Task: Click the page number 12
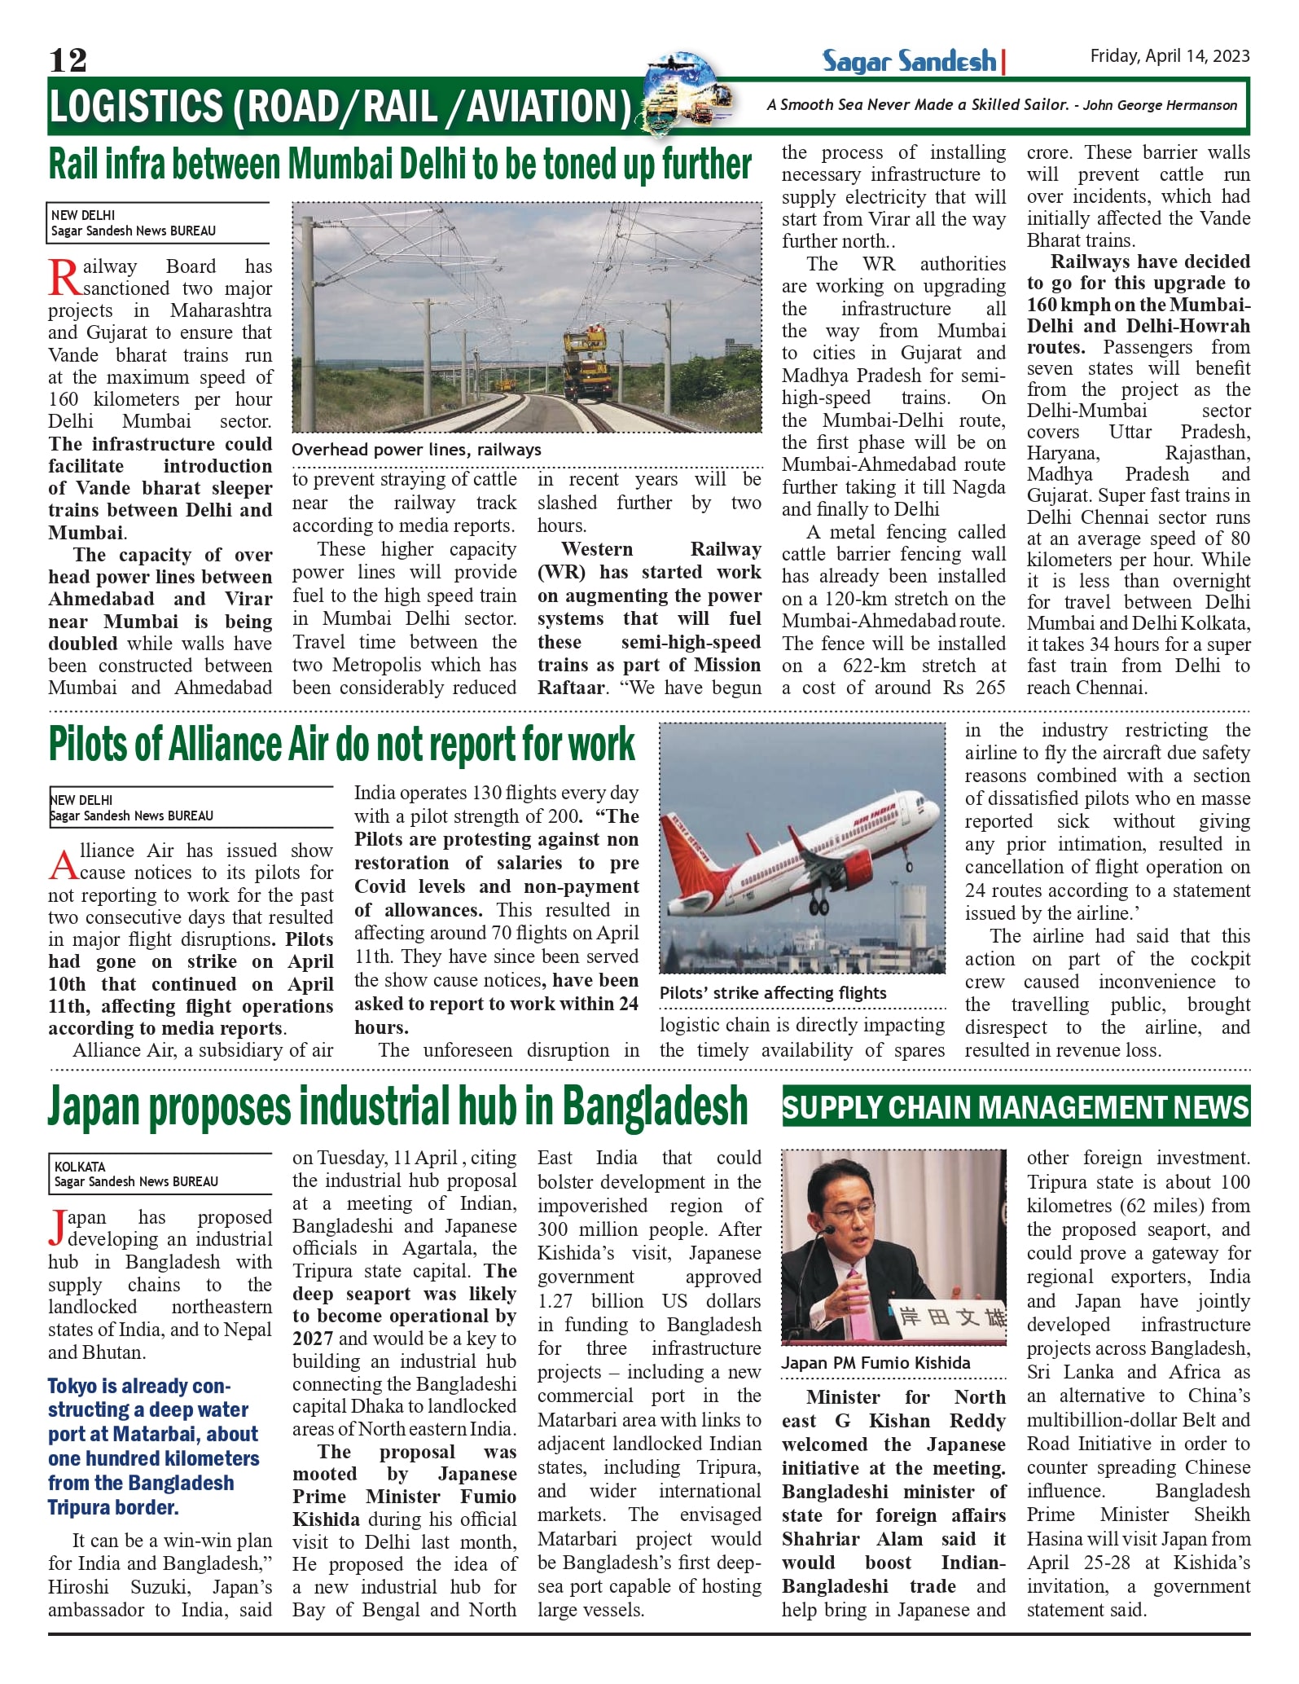coord(68,59)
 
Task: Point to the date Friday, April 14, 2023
coord(1170,55)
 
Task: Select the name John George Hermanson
coord(1160,105)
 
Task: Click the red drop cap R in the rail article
coord(64,278)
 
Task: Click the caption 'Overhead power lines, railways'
coord(416,450)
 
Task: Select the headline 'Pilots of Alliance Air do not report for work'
coord(341,744)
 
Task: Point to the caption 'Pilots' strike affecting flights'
coord(773,992)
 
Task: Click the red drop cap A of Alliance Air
coord(64,865)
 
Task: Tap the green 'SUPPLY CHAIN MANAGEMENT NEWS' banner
coord(1016,1107)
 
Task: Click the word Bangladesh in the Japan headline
coord(655,1106)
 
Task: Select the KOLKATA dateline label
coord(80,1167)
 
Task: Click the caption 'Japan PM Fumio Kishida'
coord(876,1363)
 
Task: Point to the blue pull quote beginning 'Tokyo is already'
coord(153,1446)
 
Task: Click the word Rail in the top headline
coord(77,165)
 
